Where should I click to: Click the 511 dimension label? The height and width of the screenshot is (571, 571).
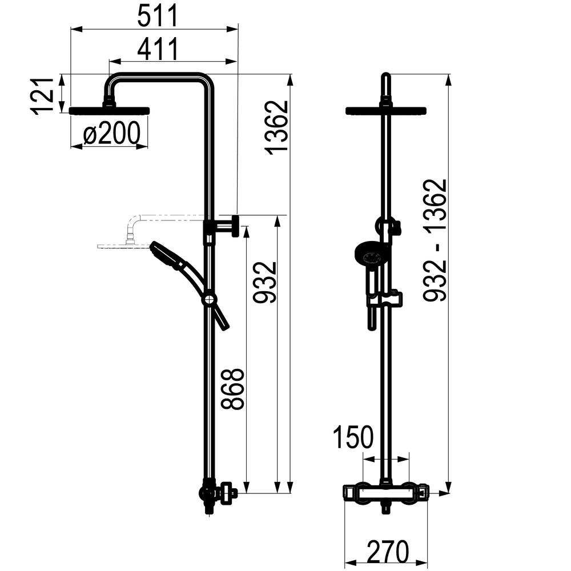click(158, 15)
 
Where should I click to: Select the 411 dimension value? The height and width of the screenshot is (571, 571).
click(158, 49)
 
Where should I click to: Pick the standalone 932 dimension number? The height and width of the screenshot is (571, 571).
click(265, 282)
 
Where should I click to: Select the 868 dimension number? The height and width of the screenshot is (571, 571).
click(233, 389)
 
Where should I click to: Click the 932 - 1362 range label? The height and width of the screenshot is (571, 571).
click(435, 240)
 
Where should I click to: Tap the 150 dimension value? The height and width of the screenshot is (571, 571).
click(353, 437)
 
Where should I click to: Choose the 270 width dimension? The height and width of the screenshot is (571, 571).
click(388, 552)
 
